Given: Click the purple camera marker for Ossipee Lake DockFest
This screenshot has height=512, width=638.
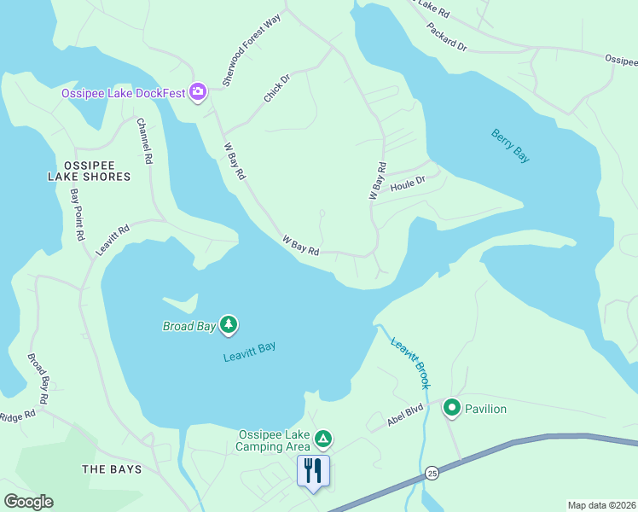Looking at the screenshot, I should [198, 91].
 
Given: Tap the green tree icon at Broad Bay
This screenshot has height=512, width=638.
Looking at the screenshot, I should [228, 324].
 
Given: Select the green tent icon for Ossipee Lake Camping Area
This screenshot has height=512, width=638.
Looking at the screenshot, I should [322, 439].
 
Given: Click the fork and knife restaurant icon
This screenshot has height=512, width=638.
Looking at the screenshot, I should [313, 470].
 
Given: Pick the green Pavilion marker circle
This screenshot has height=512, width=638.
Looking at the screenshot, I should [451, 408].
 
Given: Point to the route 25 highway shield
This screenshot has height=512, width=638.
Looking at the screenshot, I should [432, 473].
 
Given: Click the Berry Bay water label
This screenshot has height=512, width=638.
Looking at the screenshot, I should [510, 145].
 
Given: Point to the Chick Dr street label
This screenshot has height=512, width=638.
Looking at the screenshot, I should [277, 88].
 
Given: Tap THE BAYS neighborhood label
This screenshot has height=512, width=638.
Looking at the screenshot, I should [112, 469].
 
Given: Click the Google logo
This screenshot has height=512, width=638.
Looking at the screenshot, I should [28, 502].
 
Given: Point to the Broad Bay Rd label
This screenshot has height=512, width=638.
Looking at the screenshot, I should [38, 378].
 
